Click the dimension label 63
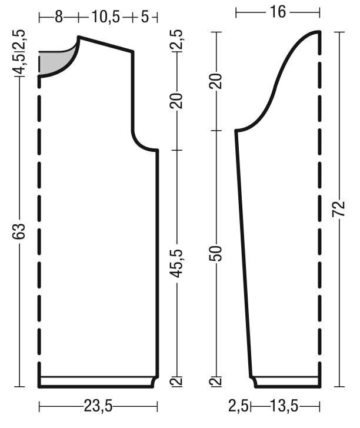coord(19,231)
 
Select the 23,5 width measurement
coord(98,406)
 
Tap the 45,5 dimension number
coord(176,263)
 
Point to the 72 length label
coord(339,209)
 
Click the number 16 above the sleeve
coord(278,12)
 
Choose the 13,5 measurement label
coord(284,406)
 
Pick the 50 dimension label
coord(216,254)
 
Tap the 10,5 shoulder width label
coord(105,17)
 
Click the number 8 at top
coord(59,17)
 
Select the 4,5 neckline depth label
coord(19,64)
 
